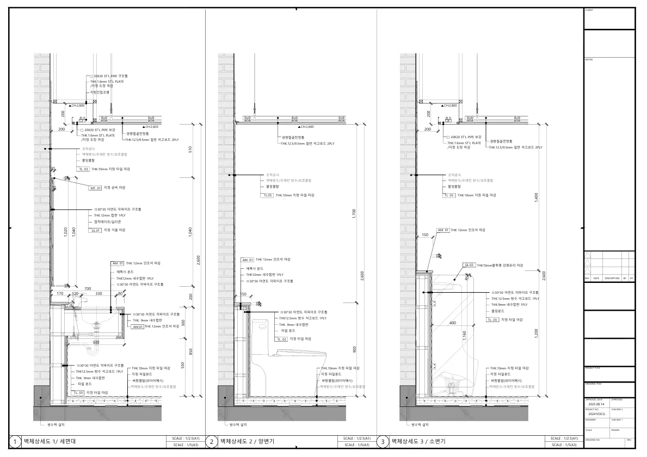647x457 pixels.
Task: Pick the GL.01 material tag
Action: click(x=96, y=230)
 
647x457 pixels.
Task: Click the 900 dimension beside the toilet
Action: click(x=354, y=349)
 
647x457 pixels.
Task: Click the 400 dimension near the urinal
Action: click(x=453, y=323)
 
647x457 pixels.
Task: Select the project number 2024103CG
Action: click(x=597, y=414)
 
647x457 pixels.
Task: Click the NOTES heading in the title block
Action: click(x=589, y=59)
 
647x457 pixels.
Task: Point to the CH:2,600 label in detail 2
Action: click(x=306, y=126)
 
